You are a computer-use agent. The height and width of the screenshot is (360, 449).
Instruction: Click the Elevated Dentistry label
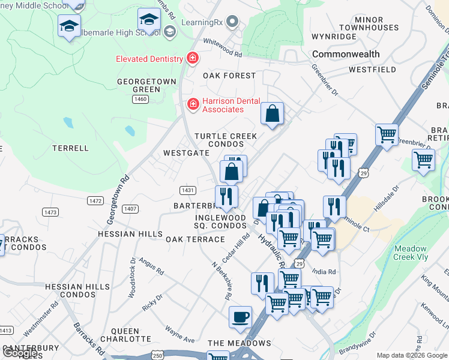tap(149, 59)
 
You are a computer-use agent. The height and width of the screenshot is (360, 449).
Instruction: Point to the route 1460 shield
tap(141, 99)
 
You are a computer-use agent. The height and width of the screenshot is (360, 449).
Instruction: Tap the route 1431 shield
tap(187, 190)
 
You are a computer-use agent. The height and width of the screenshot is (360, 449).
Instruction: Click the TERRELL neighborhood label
tap(70, 148)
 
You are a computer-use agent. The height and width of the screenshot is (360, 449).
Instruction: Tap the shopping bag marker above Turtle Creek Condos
tap(273, 113)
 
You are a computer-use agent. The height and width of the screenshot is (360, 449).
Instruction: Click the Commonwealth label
tap(346, 54)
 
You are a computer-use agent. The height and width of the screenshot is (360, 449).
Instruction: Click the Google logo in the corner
tap(20, 353)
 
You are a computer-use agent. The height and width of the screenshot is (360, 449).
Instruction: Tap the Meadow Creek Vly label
tap(411, 253)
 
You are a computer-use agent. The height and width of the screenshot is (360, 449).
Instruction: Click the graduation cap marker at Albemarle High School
tap(149, 21)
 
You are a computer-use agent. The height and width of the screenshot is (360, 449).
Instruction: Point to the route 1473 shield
tap(50, 212)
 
